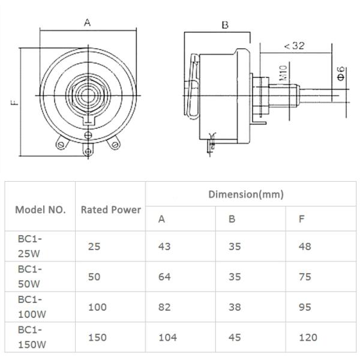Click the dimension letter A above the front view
[x=87, y=23]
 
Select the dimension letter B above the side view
[x=225, y=25]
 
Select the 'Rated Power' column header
[x=110, y=209]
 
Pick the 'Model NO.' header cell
[x=40, y=209]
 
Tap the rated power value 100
[x=97, y=307]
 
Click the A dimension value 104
[x=167, y=338]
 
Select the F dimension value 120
[x=308, y=338]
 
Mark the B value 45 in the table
[x=235, y=338]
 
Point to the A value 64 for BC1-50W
[x=164, y=277]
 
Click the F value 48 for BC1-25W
[x=305, y=246]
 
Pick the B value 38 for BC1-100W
[x=235, y=307]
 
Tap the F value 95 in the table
[x=305, y=307]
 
